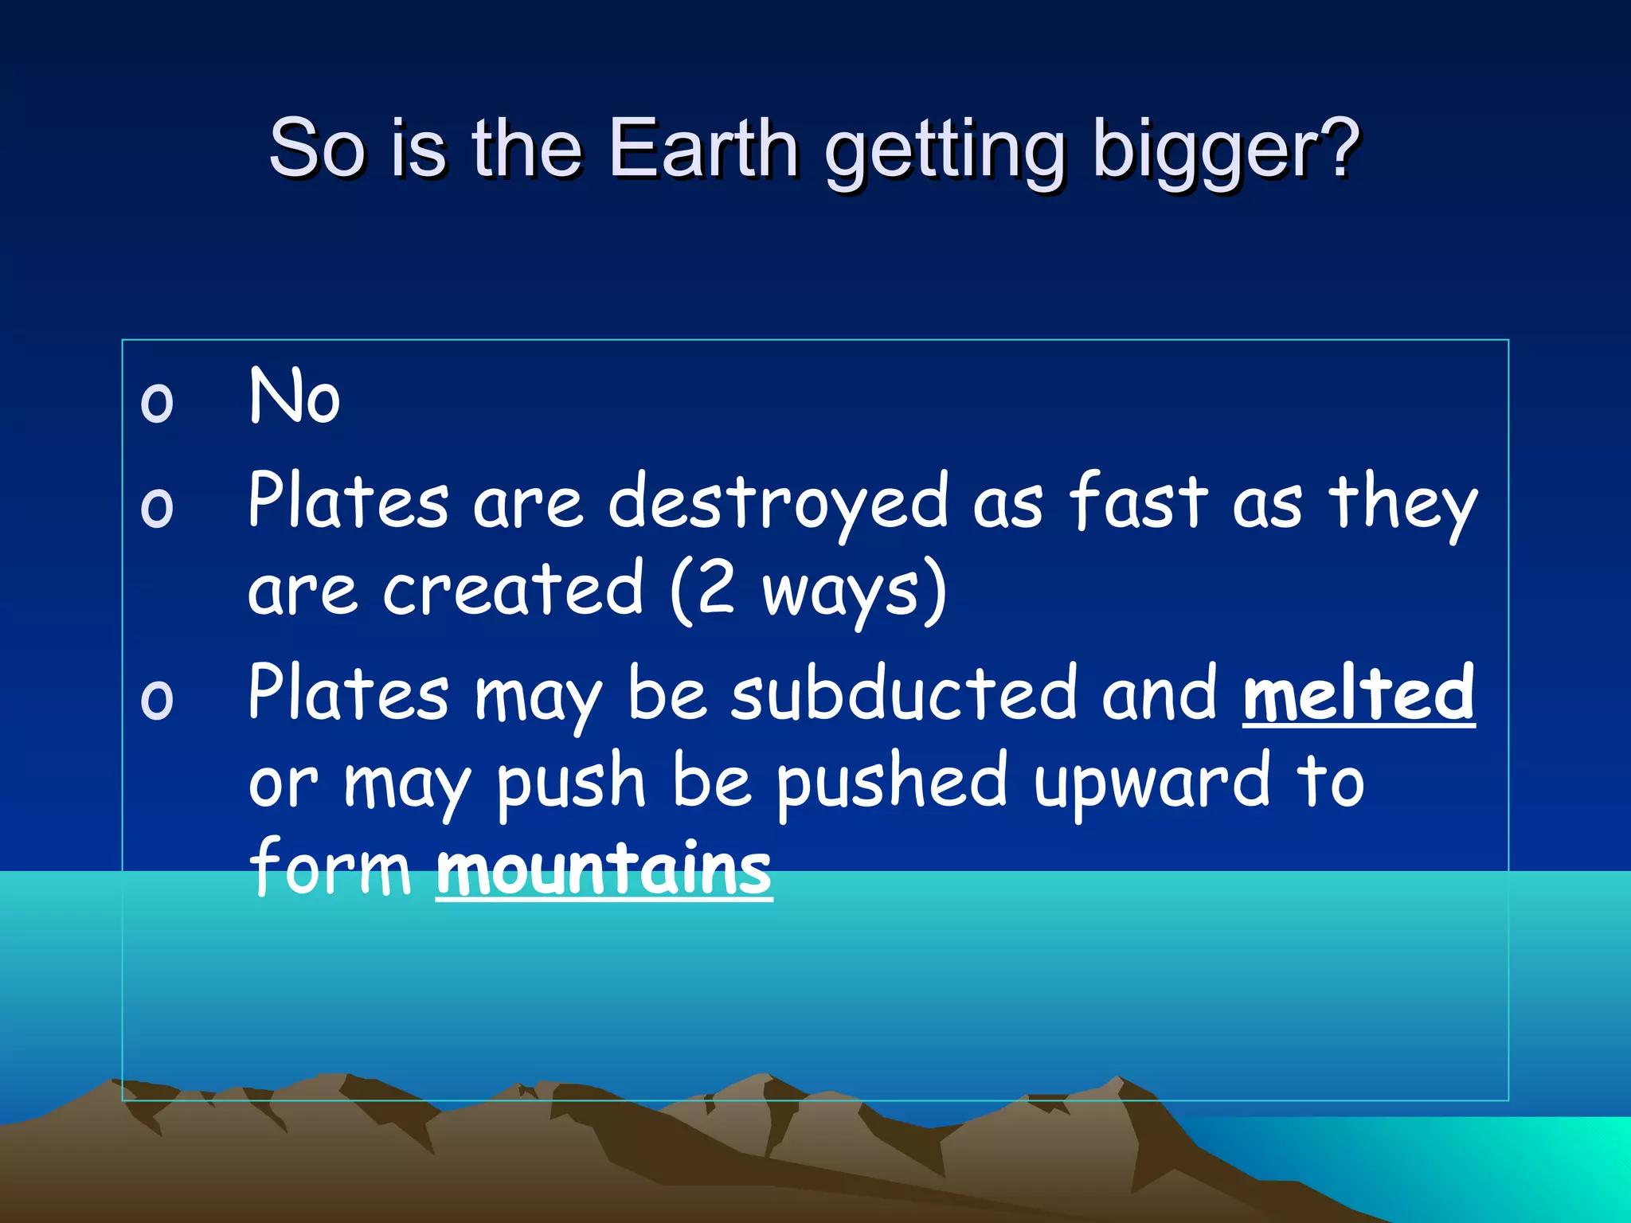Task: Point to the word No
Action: click(x=295, y=396)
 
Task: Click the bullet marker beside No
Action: click(x=156, y=402)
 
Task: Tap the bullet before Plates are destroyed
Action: click(x=156, y=506)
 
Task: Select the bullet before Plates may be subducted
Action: click(x=156, y=699)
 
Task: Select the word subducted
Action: click(x=903, y=693)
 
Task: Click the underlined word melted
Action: click(x=1358, y=693)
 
